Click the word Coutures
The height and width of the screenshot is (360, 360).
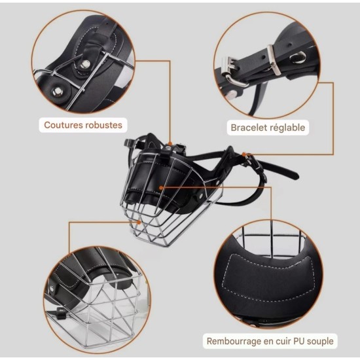point(63,125)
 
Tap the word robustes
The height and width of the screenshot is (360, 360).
point(103,125)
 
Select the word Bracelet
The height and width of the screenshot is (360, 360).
point(248,128)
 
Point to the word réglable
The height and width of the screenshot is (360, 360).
point(287,128)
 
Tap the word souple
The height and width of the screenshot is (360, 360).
point(320,342)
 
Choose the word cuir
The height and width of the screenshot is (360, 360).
point(283,341)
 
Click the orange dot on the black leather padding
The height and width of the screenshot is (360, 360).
point(161,188)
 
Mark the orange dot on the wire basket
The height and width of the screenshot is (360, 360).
point(139,223)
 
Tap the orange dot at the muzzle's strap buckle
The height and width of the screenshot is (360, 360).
point(244,154)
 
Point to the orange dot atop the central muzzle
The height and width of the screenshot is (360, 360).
point(170,144)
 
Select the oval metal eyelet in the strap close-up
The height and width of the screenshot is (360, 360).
point(298,57)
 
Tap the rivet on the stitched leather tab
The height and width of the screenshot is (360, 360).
point(85,64)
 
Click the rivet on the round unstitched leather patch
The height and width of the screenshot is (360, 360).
point(57,91)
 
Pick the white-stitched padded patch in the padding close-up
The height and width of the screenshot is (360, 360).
point(268,278)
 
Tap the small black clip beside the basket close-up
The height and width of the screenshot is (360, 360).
point(60,314)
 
